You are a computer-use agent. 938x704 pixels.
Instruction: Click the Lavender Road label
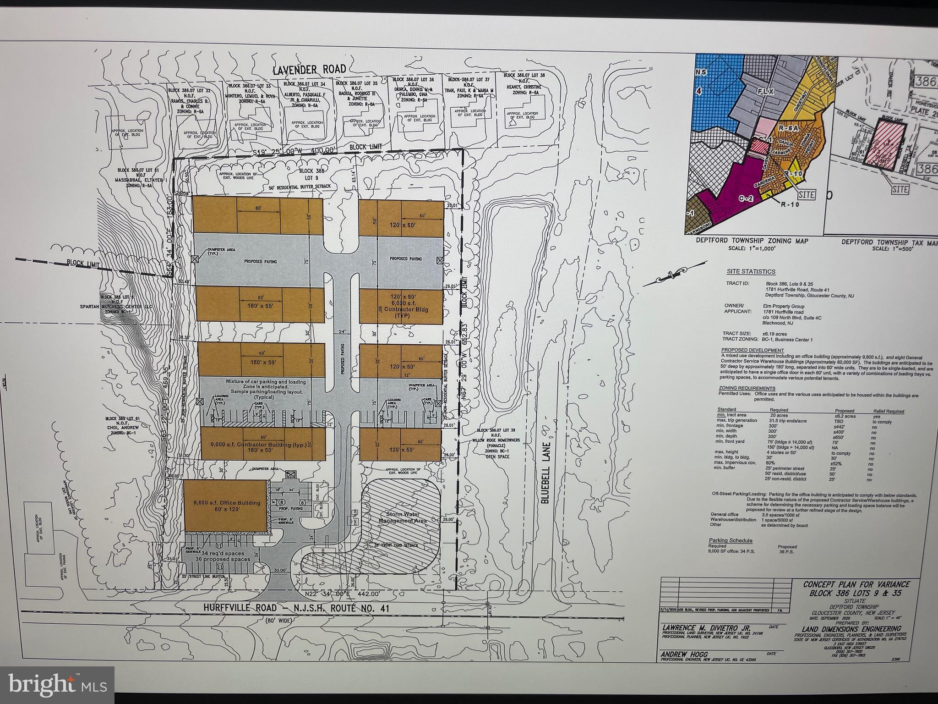309,70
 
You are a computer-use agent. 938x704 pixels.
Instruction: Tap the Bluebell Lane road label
545,473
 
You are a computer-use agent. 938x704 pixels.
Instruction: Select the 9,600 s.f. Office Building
224,506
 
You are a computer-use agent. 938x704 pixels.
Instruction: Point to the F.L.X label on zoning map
765,91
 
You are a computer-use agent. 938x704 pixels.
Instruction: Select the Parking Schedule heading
731,540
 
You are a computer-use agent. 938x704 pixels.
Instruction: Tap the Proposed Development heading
746,350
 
